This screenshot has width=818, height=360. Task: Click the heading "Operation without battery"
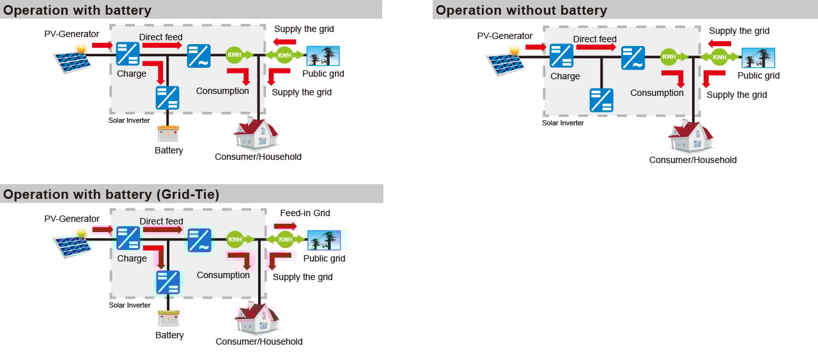pos(521,10)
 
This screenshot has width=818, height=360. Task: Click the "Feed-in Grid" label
pos(305,213)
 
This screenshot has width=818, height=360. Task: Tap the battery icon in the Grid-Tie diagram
pos(169,317)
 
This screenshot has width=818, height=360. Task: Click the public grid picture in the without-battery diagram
pos(758,58)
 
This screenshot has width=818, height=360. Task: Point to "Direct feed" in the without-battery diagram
pos(594,39)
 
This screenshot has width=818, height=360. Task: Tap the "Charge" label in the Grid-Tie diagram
pos(132,258)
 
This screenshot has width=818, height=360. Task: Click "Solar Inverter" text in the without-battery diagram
pos(563,123)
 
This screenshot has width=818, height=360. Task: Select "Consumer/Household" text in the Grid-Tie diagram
pos(259,341)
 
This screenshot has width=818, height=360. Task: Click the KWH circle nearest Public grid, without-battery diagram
pos(719,58)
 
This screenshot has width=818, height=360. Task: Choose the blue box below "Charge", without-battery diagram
pos(601,100)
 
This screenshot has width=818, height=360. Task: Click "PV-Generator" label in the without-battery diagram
pos(505,36)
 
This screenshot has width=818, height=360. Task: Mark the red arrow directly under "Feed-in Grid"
pos(285,226)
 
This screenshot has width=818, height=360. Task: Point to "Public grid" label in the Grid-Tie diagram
pos(324,258)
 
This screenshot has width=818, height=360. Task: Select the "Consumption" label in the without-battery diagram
pos(657,93)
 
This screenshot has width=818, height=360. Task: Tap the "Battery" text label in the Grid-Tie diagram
pos(169,335)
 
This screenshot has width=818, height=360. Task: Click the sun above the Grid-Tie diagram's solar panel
pos(81,233)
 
